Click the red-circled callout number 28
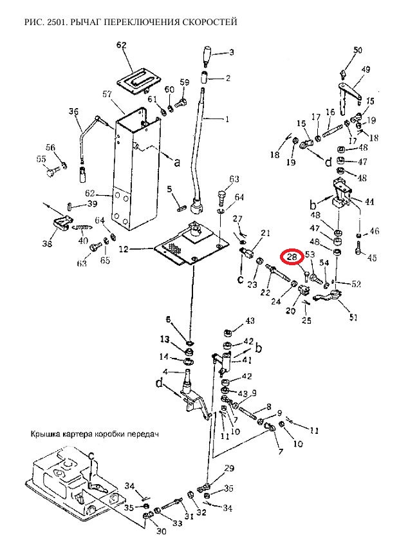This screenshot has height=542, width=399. (292, 257)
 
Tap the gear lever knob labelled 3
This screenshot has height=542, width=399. (207, 55)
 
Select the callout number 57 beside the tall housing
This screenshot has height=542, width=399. (107, 94)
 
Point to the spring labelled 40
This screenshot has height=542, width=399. (82, 227)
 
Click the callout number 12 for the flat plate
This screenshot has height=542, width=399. (124, 248)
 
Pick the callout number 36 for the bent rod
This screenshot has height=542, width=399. (73, 111)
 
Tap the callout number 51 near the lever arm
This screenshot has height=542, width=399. (353, 317)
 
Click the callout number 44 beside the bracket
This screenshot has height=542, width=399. (369, 201)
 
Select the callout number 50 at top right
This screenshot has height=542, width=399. (358, 50)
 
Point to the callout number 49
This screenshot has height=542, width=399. (366, 70)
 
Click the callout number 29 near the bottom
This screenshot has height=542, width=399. (229, 469)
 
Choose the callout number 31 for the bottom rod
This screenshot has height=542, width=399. (189, 516)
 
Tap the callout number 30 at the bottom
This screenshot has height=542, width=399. (162, 531)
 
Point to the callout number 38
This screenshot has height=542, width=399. (48, 243)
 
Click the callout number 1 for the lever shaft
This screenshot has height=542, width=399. (227, 120)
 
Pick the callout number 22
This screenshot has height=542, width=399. (265, 292)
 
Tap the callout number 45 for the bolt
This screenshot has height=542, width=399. (372, 257)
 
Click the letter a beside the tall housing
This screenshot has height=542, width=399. (176, 162)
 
